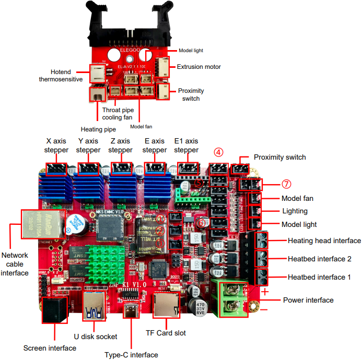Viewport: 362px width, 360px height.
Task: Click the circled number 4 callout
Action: [x=219, y=152]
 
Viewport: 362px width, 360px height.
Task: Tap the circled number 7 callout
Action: [x=286, y=184]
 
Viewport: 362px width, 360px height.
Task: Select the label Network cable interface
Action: [x=15, y=263]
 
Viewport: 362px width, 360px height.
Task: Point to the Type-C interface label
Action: [x=131, y=355]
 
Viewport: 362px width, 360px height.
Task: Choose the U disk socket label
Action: [x=96, y=337]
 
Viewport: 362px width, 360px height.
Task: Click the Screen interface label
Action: [x=50, y=348]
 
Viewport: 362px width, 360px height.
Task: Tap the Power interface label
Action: [x=308, y=300]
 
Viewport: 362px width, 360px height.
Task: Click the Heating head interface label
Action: [x=324, y=241]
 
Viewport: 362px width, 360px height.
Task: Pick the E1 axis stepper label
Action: [x=186, y=146]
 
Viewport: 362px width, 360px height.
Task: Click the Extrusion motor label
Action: [x=198, y=67]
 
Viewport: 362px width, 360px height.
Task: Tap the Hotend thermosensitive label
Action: [x=61, y=76]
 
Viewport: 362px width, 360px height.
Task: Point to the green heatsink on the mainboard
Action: [x=106, y=260]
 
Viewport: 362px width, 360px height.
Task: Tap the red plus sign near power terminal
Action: [x=265, y=292]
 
